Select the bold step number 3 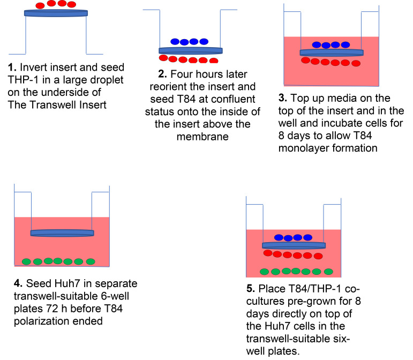click(282, 99)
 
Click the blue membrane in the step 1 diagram click(56, 13)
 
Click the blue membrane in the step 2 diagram click(191, 50)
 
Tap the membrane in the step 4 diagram click(62, 233)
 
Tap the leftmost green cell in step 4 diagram click(27, 261)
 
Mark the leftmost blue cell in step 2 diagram click(175, 41)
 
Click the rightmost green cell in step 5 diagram click(328, 271)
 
